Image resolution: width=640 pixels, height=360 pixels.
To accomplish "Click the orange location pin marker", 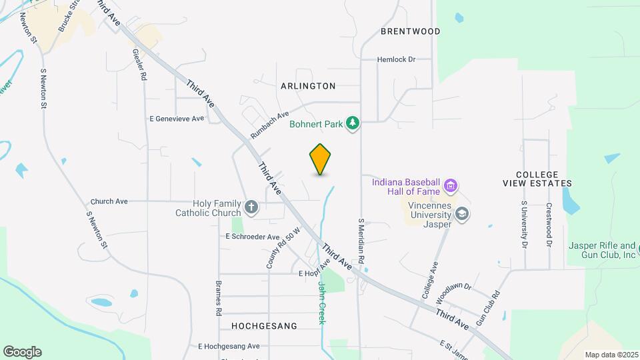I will click(x=320, y=159).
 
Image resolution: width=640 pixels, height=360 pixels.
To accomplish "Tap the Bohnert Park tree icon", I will click(x=353, y=123).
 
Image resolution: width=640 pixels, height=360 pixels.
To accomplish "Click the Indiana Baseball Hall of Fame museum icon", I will click(x=451, y=185).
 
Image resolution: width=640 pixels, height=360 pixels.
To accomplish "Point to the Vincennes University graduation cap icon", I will click(x=463, y=213).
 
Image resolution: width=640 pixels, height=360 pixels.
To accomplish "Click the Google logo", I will click(x=22, y=352).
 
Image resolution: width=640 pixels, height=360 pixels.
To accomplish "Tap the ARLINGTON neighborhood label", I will click(x=308, y=86).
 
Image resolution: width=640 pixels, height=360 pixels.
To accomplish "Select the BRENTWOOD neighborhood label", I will click(x=411, y=31).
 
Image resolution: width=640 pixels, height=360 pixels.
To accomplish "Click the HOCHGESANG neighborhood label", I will click(x=263, y=325).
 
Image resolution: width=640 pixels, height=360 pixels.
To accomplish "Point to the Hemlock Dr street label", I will click(x=396, y=59).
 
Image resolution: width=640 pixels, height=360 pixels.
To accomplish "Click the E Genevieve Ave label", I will click(x=177, y=119).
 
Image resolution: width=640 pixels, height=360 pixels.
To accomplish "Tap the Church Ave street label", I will click(x=109, y=201).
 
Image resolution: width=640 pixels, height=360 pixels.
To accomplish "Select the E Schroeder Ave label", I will click(x=253, y=237).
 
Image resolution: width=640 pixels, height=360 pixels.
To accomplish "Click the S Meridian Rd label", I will click(x=361, y=239).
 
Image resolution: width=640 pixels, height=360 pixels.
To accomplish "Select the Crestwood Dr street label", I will click(x=549, y=225).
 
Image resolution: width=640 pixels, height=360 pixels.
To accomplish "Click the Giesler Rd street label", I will click(x=139, y=65).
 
